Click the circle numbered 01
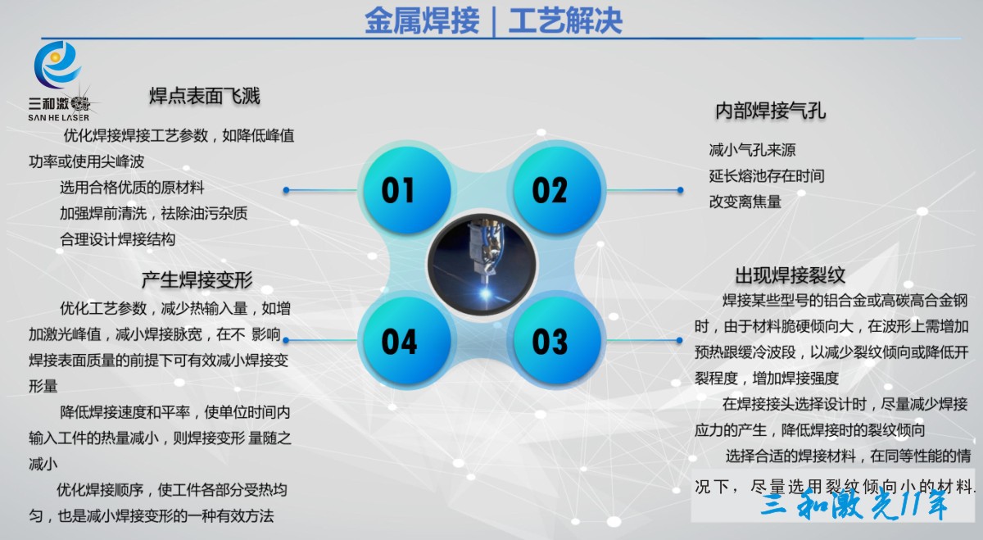click(x=407, y=189)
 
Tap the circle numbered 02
click(x=557, y=189)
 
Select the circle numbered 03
click(x=557, y=340)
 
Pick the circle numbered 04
click(x=407, y=340)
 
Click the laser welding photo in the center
click(x=482, y=265)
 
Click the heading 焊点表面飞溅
click(x=205, y=96)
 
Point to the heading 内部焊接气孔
click(x=771, y=111)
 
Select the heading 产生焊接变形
click(x=197, y=279)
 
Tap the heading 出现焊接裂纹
click(x=790, y=275)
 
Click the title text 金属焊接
click(x=422, y=20)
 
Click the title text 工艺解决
click(x=565, y=20)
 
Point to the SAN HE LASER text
click(x=58, y=118)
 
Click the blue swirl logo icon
click(x=57, y=65)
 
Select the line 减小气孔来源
click(x=752, y=150)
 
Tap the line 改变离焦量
click(x=745, y=202)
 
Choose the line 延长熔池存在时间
click(x=767, y=176)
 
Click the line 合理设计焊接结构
click(x=118, y=240)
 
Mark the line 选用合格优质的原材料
click(x=132, y=188)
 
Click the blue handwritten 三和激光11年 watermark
click(x=854, y=506)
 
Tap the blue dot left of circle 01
click(x=286, y=190)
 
